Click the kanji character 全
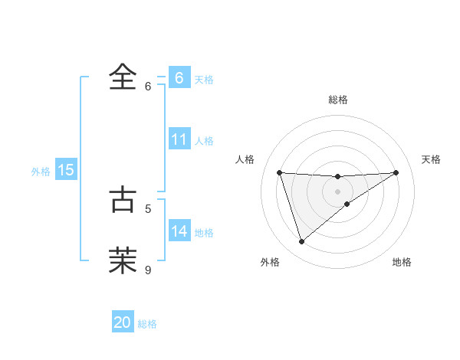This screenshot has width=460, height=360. pos(123,77)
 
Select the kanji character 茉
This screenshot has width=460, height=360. pos(123,260)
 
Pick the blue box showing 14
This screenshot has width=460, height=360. pos(179,231)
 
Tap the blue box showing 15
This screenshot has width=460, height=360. pos(66,170)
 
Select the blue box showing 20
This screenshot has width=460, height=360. pos(123,322)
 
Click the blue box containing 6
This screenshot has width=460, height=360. pos(179,77)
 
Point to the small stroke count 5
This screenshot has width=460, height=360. pos(149,208)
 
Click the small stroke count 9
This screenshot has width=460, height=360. pos(149,270)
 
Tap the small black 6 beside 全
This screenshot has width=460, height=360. pos(149,87)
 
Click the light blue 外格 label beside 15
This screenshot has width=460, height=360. pos(41,172)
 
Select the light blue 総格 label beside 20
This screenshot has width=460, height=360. pos(147,324)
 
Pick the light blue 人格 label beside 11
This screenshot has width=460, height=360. pos(204,141)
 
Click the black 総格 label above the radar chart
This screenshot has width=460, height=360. pos(338,100)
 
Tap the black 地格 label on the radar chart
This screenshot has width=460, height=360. pos(402,262)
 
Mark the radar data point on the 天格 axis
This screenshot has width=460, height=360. pos(396,172)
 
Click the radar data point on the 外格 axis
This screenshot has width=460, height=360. pos(301,242)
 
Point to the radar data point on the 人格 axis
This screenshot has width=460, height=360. pos(280,172)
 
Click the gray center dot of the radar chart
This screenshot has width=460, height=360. pos(338,191)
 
